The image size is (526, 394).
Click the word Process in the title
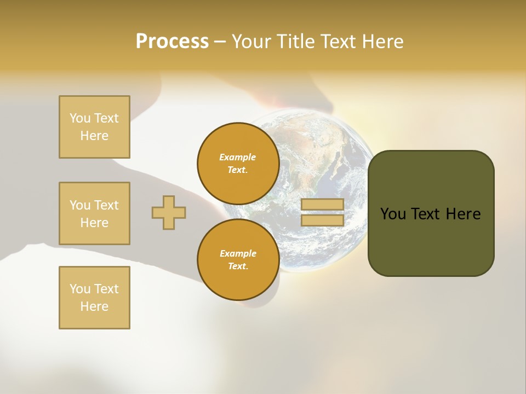[172, 42]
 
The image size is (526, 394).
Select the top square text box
[94, 127]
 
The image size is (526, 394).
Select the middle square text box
[94, 213]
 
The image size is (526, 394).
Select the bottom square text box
[94, 298]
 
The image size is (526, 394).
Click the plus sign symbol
[169, 212]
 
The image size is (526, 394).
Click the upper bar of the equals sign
[322, 205]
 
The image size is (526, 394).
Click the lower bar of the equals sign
[322, 220]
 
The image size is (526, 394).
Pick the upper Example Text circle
[238, 163]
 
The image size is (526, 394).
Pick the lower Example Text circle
[238, 259]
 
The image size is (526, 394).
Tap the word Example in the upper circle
[238, 157]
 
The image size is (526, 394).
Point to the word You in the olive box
[393, 214]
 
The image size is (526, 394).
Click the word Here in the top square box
[94, 136]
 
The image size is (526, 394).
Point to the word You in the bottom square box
[80, 289]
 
